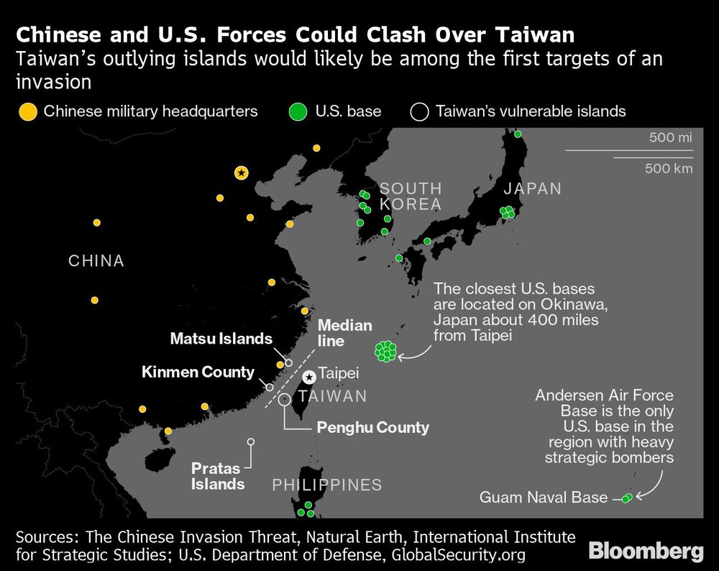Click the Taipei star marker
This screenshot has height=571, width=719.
click(x=309, y=376)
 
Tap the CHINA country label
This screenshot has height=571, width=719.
click(x=96, y=260)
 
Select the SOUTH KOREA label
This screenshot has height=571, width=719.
click(x=411, y=196)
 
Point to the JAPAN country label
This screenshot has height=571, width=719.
click(x=532, y=189)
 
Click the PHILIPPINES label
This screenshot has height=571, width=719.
click(x=326, y=485)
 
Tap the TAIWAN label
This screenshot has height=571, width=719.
click(x=333, y=396)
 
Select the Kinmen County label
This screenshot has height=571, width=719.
click(x=198, y=372)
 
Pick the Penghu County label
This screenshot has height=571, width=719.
click(x=373, y=427)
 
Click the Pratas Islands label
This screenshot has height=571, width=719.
click(x=218, y=476)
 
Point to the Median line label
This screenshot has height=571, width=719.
click(x=345, y=333)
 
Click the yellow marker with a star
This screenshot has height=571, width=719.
click(x=242, y=173)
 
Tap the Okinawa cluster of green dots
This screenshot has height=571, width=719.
click(x=386, y=351)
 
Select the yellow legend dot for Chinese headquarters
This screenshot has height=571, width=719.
click(x=28, y=111)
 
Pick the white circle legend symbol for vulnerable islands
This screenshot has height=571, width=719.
click(x=420, y=111)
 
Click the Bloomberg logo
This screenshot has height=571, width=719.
click(x=646, y=552)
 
